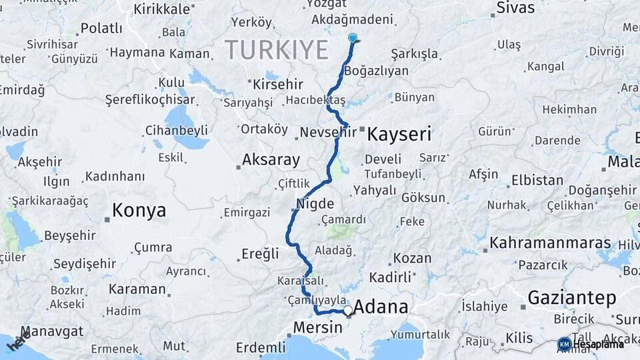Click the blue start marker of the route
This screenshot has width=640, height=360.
pos(353,39)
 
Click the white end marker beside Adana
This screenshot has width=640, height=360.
pos(348,310)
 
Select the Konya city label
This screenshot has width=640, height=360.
pos(139,211)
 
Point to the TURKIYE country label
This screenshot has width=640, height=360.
pos(277,50)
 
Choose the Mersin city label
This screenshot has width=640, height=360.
pos(317,327)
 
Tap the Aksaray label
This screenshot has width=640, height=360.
pos(271,160)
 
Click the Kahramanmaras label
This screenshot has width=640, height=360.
pos(541,243)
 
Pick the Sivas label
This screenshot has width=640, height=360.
pos(516,8)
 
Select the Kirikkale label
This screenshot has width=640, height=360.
pos(162,9)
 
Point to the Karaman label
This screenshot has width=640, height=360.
pos(137,289)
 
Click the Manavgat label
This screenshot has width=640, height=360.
pos(51,331)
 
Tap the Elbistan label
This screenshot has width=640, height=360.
pos(537,180)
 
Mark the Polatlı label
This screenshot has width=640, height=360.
pos(101,29)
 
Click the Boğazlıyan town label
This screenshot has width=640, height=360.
pos(375,71)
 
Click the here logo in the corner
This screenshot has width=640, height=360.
pos(17,343)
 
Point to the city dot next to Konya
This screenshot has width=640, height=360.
pos(107,219)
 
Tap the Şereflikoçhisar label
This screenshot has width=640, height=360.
pos(150,100)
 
